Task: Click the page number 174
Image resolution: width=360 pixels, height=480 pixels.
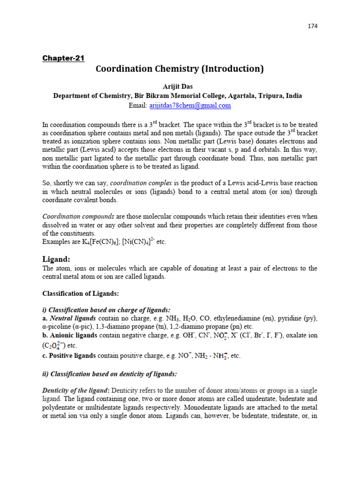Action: tap(313, 26)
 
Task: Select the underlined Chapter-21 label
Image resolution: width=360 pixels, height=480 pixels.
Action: tap(63, 58)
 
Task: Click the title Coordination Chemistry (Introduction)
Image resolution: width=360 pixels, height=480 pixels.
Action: tap(180, 69)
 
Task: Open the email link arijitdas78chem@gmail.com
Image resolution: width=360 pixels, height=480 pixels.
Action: tap(190, 105)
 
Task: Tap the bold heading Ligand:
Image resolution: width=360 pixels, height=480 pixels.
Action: tap(56, 259)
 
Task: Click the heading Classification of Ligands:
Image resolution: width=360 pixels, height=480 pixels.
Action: tap(81, 293)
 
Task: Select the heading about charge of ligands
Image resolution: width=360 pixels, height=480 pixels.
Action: tap(107, 310)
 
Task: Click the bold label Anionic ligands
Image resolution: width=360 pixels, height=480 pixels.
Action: tap(74, 335)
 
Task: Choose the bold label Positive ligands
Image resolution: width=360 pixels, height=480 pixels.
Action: tap(73, 356)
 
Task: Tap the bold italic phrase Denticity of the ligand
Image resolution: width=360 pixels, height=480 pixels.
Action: tap(75, 390)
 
